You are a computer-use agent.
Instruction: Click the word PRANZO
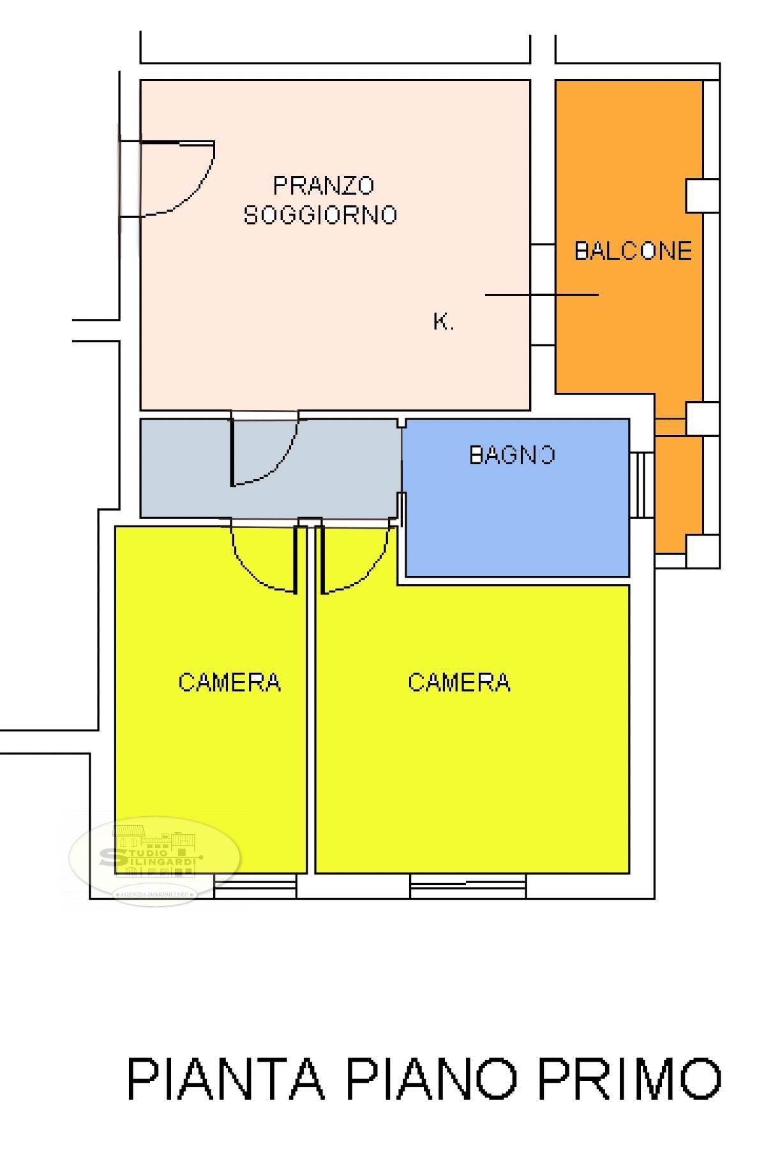(323, 186)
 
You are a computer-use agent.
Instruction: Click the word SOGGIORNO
(320, 214)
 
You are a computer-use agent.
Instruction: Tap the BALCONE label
(633, 251)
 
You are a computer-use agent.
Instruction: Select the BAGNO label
(512, 455)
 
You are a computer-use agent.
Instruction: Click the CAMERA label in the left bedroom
(229, 682)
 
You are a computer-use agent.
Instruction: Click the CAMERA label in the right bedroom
(459, 682)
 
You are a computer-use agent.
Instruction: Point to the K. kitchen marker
(444, 322)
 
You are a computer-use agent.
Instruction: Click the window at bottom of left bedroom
(255, 886)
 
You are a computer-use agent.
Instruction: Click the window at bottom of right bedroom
(468, 886)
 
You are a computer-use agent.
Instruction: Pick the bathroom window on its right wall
(642, 485)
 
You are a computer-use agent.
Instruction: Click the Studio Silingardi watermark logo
(154, 858)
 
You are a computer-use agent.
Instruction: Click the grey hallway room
(345, 469)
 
